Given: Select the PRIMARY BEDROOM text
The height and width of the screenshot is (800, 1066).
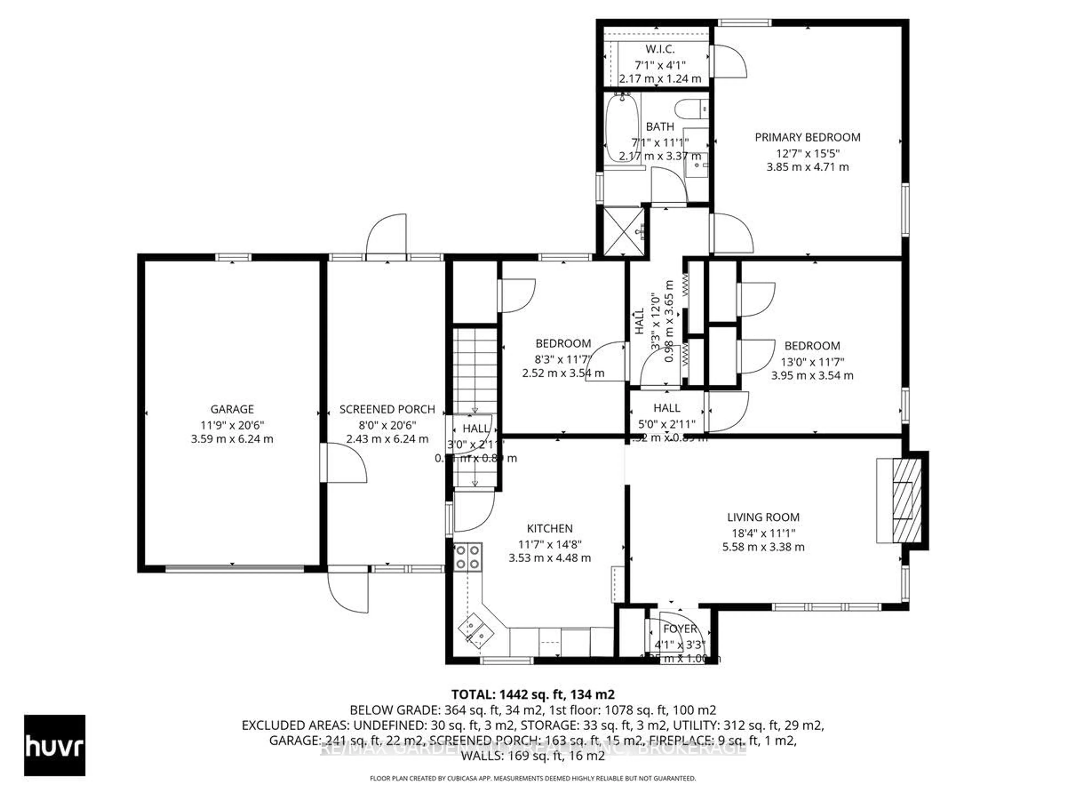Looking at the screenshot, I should click(x=807, y=137).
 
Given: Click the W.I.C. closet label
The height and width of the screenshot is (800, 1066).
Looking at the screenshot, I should click(x=660, y=49).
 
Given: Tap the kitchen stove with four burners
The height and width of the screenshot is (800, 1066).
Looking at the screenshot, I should click(x=467, y=557).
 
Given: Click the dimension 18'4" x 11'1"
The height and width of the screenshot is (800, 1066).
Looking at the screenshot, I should click(x=763, y=533).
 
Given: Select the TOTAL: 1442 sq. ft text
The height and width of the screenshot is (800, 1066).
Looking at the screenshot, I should click(x=532, y=694).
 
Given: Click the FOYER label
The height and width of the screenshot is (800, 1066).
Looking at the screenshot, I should click(x=680, y=629).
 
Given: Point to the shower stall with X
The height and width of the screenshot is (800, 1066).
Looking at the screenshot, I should click(x=623, y=231).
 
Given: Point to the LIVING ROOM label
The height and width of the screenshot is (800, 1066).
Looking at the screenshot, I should click(x=763, y=517).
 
